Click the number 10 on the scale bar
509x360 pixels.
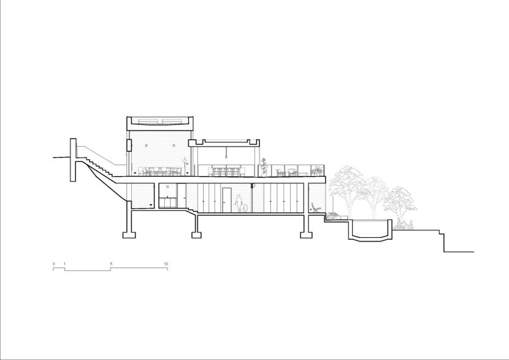click(x=166, y=264)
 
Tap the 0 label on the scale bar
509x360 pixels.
click(x=54, y=264)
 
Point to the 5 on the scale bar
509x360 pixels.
click(x=111, y=264)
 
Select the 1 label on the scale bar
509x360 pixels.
click(x=64, y=264)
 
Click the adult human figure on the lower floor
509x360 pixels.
click(x=239, y=204)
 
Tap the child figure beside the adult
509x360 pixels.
click(x=245, y=209)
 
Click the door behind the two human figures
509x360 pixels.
click(x=226, y=201)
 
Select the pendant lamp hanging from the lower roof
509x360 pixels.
click(x=226, y=152)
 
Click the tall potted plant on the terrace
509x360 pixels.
click(x=264, y=167)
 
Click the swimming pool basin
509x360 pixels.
click(x=370, y=231)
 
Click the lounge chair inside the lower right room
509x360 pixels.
click(x=316, y=208)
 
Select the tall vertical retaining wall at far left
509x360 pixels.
click(x=73, y=159)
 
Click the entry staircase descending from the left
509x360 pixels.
click(x=99, y=166)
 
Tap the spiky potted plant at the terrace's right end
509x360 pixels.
click(x=316, y=170)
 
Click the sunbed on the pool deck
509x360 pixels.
click(x=336, y=215)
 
